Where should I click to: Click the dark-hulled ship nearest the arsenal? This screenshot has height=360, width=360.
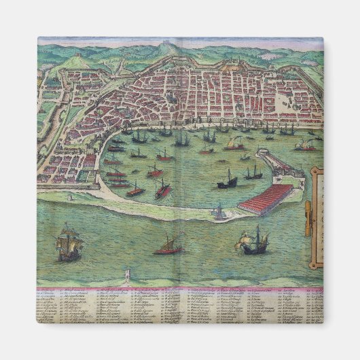pos(228,180)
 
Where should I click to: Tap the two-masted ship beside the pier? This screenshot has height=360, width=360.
pos(253,173)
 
